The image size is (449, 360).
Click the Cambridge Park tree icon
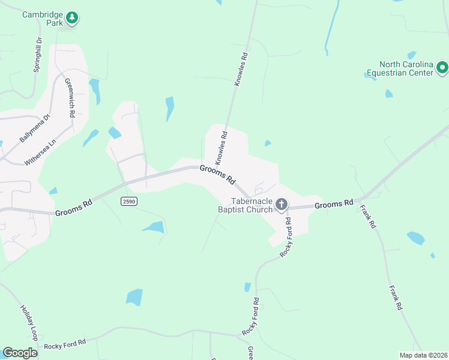72,18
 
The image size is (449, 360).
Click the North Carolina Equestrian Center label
406,69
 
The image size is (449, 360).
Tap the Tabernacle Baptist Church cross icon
281,205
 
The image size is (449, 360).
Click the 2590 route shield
128,201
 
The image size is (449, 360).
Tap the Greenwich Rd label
69,97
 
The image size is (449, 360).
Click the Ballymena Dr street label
35,128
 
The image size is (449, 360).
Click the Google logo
20,353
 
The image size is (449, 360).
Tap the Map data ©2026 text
423,355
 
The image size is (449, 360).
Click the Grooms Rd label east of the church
333,205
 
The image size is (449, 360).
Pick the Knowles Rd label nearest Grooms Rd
221,148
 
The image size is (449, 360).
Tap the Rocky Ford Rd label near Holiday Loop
65,343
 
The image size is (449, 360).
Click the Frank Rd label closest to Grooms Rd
368,217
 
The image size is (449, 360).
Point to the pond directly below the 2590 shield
154,227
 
